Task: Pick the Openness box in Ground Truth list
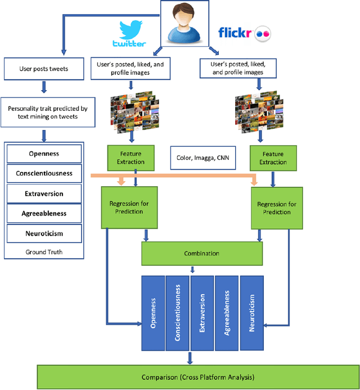coord(44,154)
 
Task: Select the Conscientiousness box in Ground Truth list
coord(44,173)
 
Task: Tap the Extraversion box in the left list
coord(44,194)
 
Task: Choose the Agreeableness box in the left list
coord(44,213)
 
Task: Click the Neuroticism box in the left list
coord(44,233)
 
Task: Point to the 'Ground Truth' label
coord(43,252)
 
